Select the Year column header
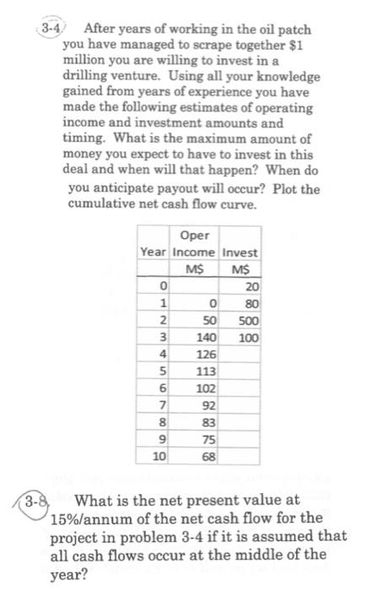[154, 252]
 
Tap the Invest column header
[240, 252]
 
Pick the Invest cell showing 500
[245, 321]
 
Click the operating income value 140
[207, 338]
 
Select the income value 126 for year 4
[207, 355]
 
